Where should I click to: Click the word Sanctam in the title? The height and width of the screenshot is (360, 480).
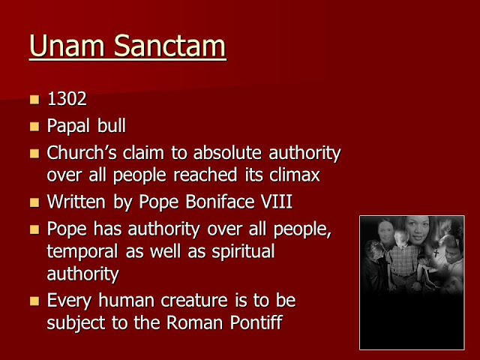pyautogui.click(x=166, y=46)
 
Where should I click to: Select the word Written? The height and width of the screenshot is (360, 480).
pyautogui.click(x=77, y=202)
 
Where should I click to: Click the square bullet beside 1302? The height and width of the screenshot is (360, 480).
pyautogui.click(x=34, y=100)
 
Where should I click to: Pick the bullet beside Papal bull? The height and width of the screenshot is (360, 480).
pyautogui.click(x=34, y=127)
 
